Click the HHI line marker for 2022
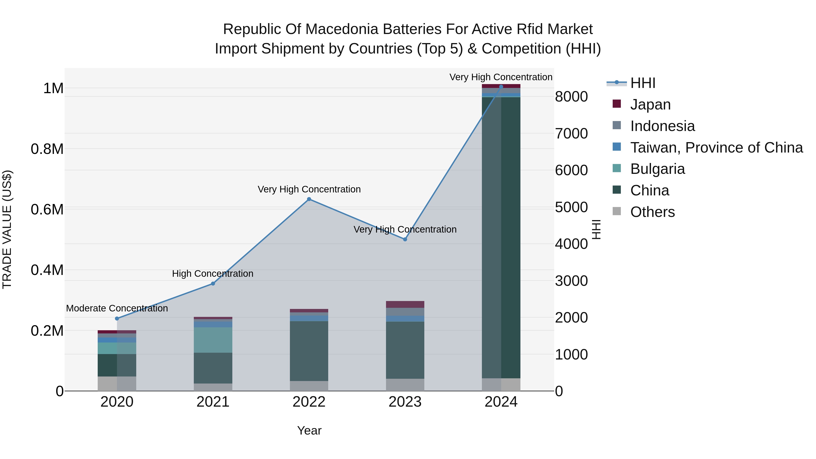309,199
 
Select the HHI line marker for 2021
213,284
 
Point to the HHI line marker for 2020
117,318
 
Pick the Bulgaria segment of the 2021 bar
213,340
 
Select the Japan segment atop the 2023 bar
405,304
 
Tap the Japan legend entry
650,104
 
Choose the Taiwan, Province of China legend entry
716,148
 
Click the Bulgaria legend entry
657,169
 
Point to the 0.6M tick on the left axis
47,210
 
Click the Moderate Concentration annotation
117,308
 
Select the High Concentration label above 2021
213,274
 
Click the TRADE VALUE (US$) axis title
7,229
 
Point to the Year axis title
309,431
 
